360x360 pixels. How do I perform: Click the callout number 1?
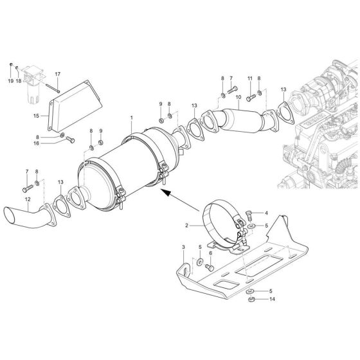pos(131,118)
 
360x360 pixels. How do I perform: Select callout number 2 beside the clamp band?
pos(186,226)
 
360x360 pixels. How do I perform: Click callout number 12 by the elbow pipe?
pos(27,199)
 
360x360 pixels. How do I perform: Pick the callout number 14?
pos(273,300)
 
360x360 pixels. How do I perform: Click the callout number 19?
pos(11,82)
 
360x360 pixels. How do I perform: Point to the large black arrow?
pos(166,191)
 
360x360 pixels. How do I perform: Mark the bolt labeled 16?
pos(69,139)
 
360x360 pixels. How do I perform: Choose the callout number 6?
pos(210,253)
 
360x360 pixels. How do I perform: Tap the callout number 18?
pos(19,82)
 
